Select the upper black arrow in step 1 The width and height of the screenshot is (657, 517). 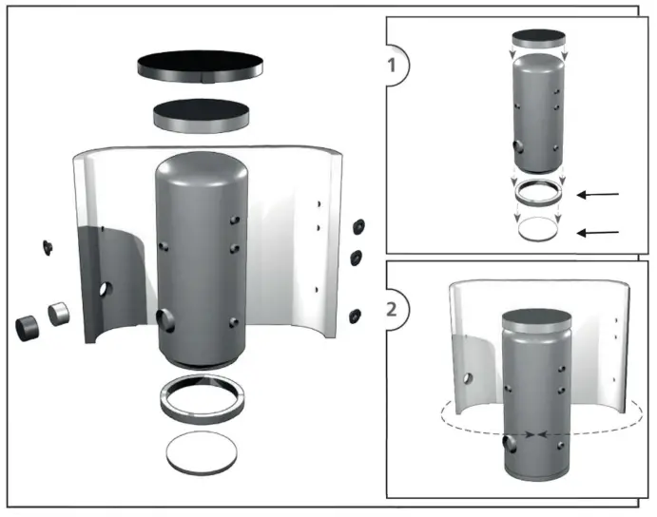(x=599, y=195)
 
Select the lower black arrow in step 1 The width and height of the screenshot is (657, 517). (x=599, y=231)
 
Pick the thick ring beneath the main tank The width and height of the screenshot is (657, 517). (x=201, y=397)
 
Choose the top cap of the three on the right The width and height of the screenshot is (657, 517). (x=358, y=225)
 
